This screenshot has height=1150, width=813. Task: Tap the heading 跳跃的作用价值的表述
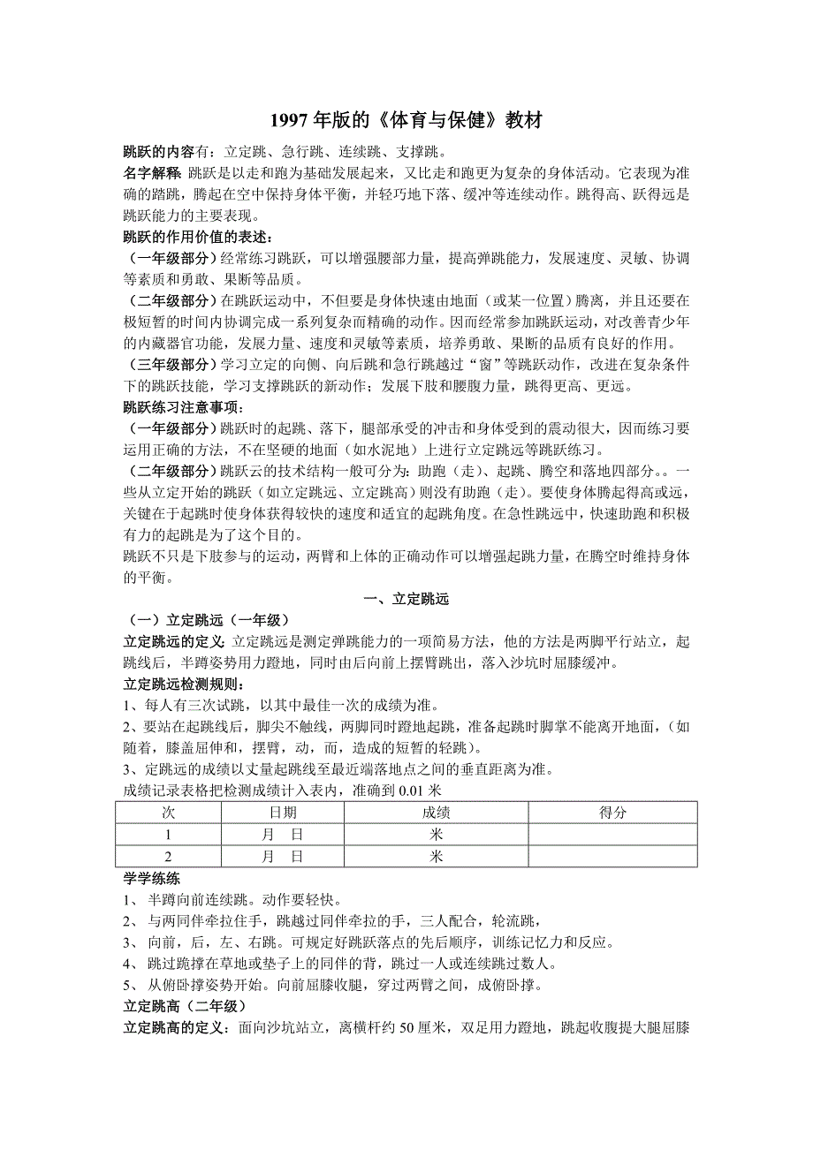(x=199, y=237)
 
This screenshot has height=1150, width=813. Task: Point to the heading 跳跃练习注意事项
(x=186, y=407)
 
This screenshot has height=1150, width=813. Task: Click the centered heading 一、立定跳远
(x=406, y=599)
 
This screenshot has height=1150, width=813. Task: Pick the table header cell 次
(x=168, y=813)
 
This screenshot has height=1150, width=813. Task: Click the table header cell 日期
(x=283, y=813)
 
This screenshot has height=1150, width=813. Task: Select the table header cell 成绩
(x=437, y=813)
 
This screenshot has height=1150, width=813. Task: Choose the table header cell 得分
(x=612, y=813)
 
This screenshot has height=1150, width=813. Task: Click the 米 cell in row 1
(x=437, y=835)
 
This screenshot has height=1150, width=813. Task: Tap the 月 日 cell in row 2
(x=283, y=857)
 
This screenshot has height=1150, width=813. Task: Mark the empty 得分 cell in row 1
(x=612, y=835)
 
